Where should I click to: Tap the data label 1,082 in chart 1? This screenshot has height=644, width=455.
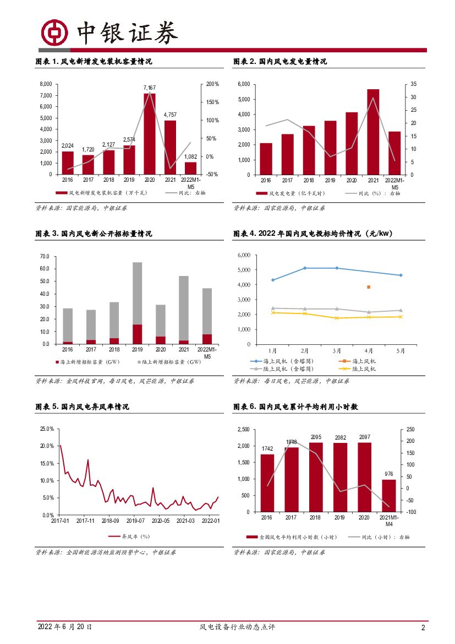pos(190,156)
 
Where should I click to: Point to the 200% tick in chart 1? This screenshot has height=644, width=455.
pos(212,84)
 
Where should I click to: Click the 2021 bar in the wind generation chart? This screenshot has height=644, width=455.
pos(373,132)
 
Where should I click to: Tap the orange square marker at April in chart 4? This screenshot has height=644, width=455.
pos(369,287)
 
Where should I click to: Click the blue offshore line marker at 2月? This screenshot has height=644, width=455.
pos(305,268)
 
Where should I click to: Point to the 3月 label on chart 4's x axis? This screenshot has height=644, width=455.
pos(337,350)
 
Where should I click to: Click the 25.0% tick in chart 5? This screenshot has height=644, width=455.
pos(47,429)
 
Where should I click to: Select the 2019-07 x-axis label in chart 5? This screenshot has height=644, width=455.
pos(135,520)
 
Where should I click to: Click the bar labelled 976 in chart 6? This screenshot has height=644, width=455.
pos(389,496)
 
